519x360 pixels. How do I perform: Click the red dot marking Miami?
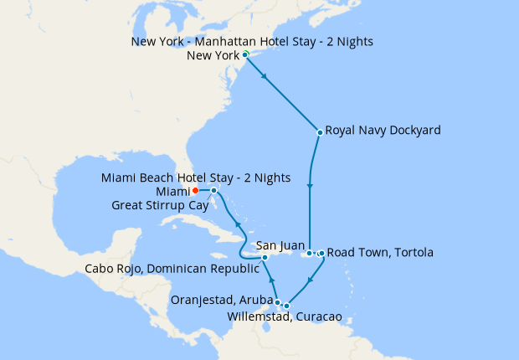tap(195, 191)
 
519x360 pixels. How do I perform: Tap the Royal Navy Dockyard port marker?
tap(320, 131)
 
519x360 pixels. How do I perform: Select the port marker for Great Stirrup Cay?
tap(214, 191)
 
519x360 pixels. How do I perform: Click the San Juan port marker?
tap(309, 253)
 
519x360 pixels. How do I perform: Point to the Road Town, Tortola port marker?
tap(321, 253)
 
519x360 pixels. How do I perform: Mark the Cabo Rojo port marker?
tap(265, 258)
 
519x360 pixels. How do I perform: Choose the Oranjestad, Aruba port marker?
tap(277, 302)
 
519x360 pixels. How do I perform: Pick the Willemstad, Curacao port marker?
tap(286, 306)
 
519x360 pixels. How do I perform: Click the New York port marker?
tap(245, 55)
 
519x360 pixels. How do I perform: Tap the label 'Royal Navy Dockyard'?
tap(383, 131)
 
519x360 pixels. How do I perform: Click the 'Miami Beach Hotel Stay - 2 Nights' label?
tap(196, 177)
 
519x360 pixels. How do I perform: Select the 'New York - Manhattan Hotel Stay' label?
tap(252, 41)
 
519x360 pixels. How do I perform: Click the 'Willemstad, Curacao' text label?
tap(284, 317)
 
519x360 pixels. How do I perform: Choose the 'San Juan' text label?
tap(280, 245)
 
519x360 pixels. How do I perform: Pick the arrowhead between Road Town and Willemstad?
tap(310, 280)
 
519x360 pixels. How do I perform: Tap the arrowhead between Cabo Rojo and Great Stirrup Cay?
tap(237, 225)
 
